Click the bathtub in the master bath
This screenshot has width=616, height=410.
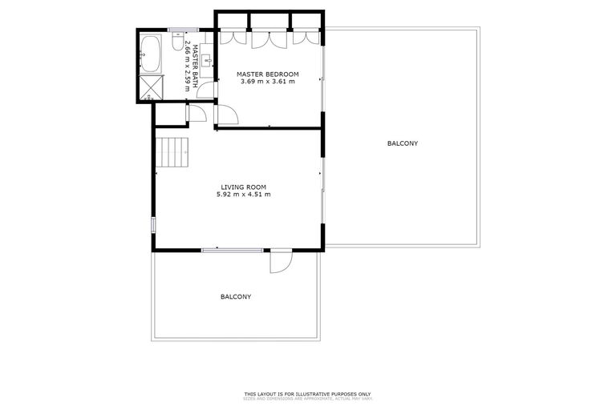click(x=151, y=54)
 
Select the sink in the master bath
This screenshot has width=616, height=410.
click(x=206, y=59)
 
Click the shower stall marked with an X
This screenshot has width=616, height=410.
click(x=151, y=89)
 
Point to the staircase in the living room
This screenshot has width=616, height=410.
click(x=173, y=152)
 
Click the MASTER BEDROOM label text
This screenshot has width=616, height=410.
click(x=267, y=74)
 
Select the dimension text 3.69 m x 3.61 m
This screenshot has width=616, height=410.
click(x=267, y=82)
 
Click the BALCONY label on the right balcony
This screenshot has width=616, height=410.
click(x=402, y=143)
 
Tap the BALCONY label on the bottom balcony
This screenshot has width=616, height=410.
click(x=236, y=296)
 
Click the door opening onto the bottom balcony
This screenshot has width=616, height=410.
click(x=282, y=261)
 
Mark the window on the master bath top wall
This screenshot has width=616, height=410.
click(x=177, y=30)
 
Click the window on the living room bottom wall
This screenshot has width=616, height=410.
click(x=232, y=250)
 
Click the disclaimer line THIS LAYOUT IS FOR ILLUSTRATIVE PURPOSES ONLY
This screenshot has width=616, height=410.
click(x=308, y=394)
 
